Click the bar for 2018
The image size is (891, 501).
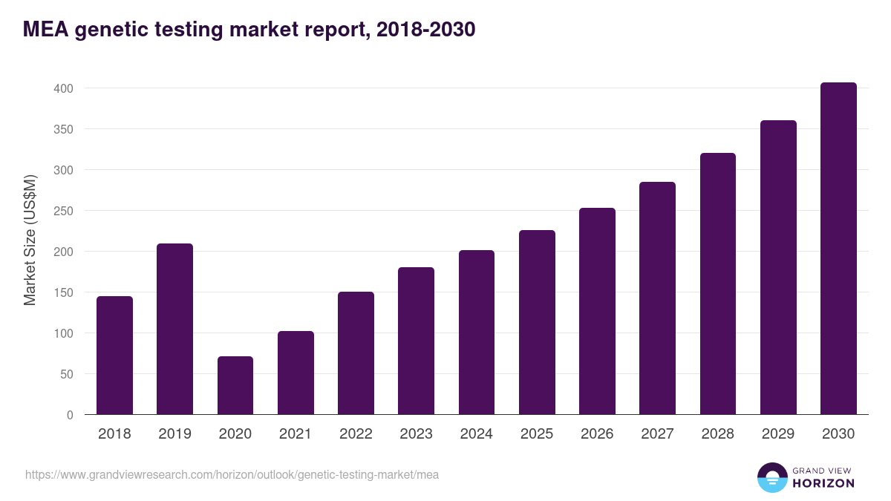coord(114,356)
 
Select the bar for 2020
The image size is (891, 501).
coord(235,385)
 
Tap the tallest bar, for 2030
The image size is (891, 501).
coord(838,249)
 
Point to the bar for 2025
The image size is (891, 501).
coord(537,322)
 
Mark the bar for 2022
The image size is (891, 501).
coord(356,353)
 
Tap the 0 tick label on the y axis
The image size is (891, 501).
coord(70,415)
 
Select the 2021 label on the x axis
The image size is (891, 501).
coord(296,434)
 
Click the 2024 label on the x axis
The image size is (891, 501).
coord(476,434)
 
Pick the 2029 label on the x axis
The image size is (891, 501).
coord(778,434)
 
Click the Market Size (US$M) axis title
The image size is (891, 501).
coord(30,240)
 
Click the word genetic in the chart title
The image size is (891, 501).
coord(111,30)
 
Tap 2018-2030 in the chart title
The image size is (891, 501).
coord(425,30)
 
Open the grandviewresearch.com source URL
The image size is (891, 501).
coord(232,474)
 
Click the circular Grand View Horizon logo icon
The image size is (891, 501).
coord(772,477)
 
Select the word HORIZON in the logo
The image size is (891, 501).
coord(823,483)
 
